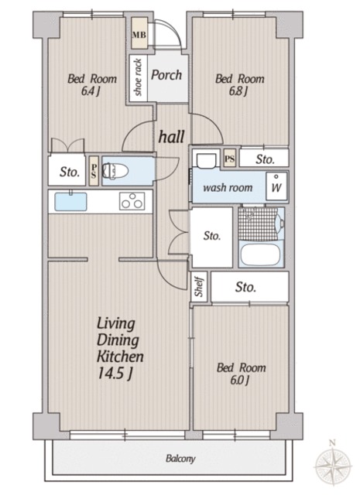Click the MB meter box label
pos(139,34)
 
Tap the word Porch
pos(166,75)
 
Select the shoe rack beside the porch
pos(138,78)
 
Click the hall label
pos(171,137)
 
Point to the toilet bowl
pos(115,171)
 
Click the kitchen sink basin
pos(70,202)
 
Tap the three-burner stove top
pos(132,201)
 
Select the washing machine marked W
pos(276,186)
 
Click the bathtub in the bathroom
pos(260,254)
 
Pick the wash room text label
pos(228,188)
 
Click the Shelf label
pos(199,286)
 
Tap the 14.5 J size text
pos(115,374)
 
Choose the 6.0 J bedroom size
pos(240,380)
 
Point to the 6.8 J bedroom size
pos(238,91)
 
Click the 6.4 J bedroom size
pos(91,91)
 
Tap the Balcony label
pos(180,459)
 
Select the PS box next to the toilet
pos(94,171)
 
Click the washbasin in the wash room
pos(206,159)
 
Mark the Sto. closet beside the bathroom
pos(212,236)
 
